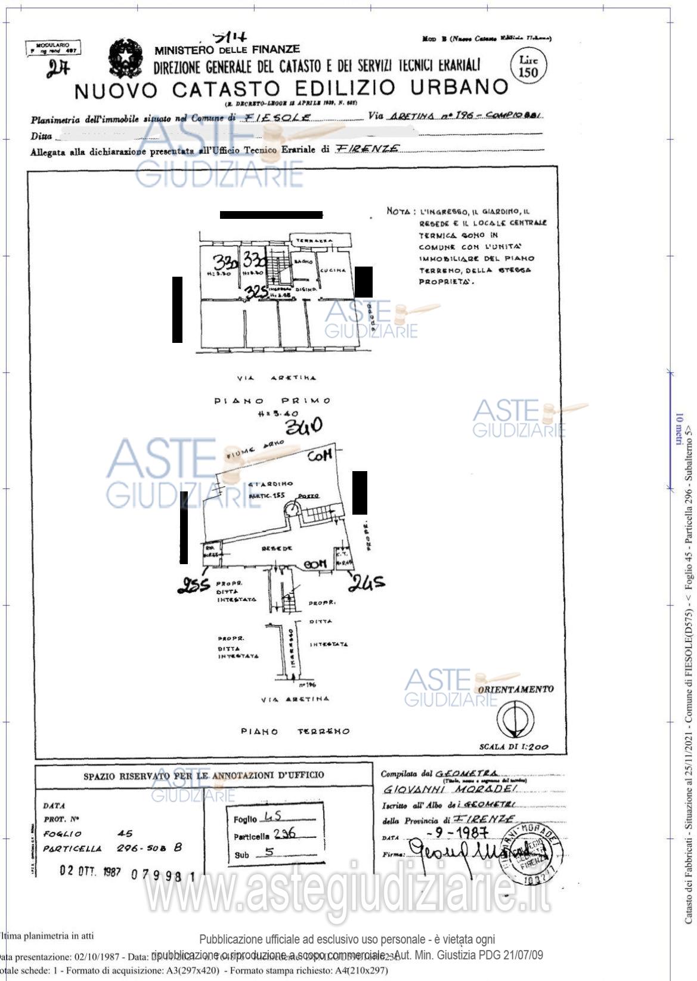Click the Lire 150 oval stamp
point(528,67)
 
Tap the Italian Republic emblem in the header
point(125,58)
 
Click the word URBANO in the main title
point(459,88)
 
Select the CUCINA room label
point(333,270)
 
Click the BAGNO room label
point(303,262)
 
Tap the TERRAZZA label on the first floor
point(311,240)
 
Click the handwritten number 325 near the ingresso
point(256,292)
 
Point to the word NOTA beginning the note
point(398,211)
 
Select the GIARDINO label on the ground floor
point(271,484)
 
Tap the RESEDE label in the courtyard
point(278,547)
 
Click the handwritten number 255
point(194,585)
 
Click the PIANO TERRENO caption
point(295,731)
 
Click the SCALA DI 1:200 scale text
point(514,747)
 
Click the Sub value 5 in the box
point(269,852)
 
